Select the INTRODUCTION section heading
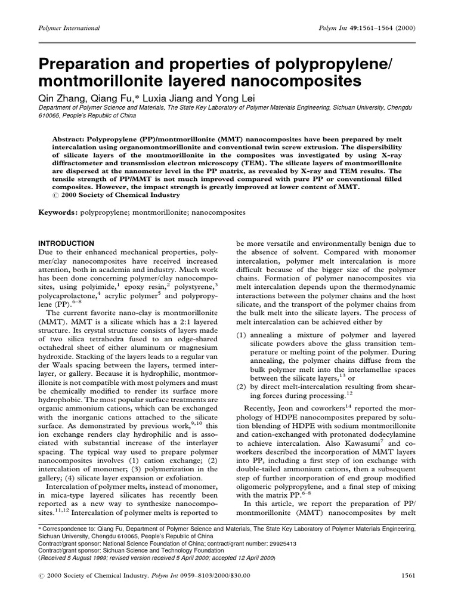pyautogui.click(x=66, y=243)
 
